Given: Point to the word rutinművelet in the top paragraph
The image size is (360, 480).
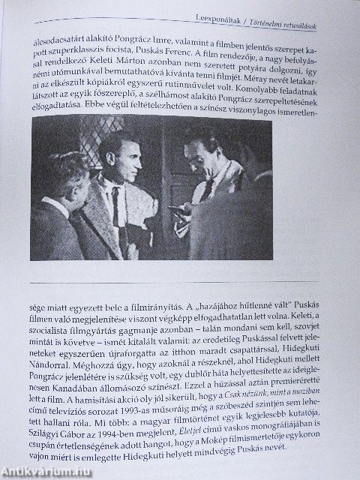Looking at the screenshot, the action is click(x=205, y=88).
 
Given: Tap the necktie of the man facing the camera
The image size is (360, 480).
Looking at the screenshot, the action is click(x=116, y=206).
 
